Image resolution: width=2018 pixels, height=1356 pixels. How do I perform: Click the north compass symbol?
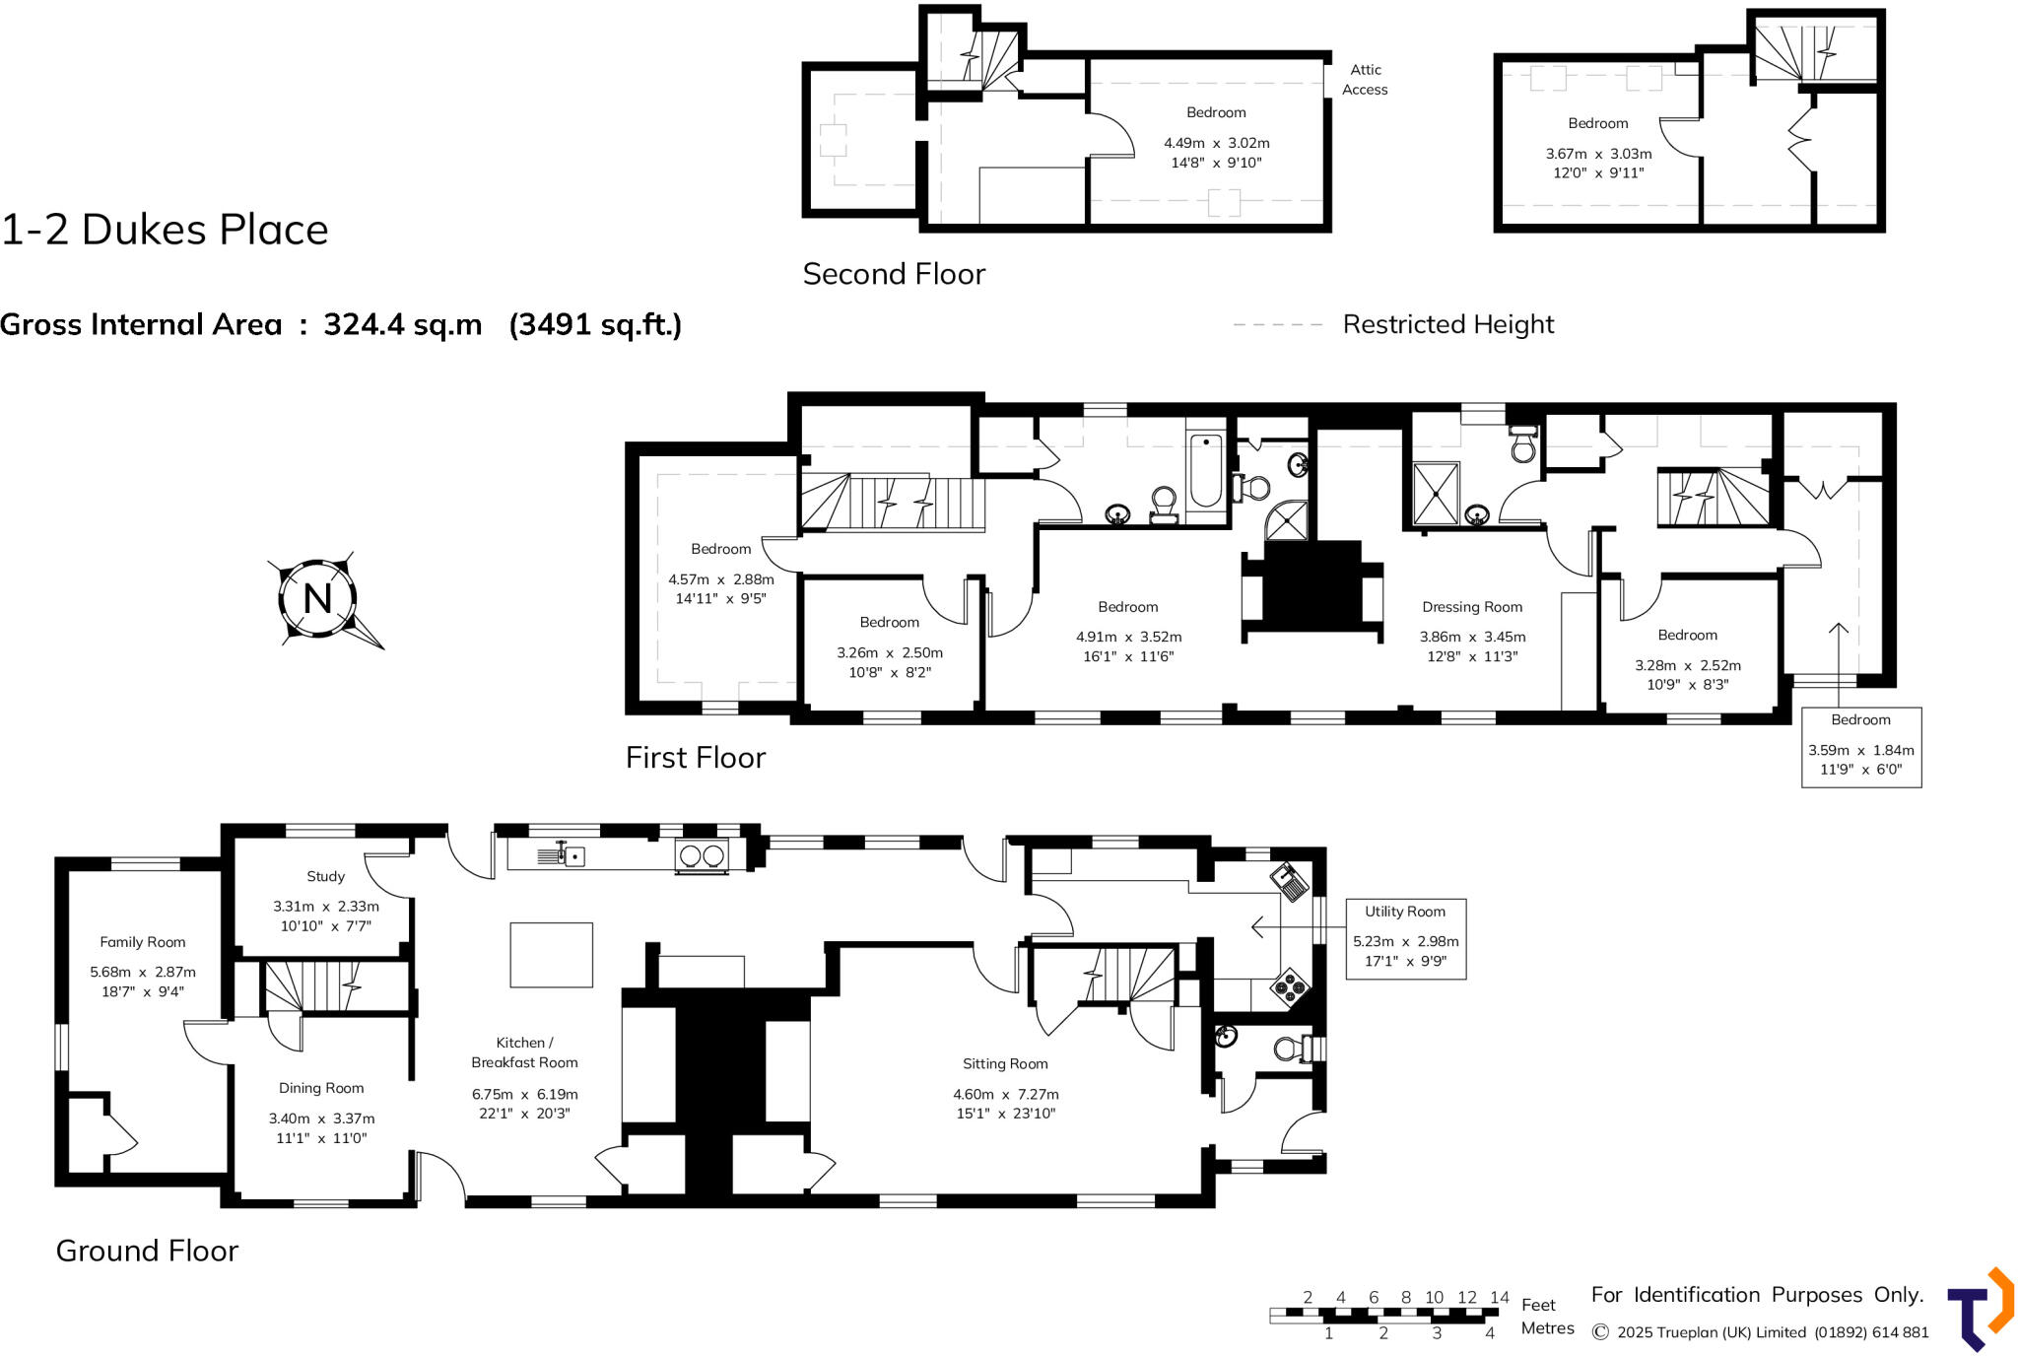point(317,598)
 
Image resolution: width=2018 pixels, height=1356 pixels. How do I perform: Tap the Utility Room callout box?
point(1405,938)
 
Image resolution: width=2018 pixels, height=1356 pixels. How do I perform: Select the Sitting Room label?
point(1005,1063)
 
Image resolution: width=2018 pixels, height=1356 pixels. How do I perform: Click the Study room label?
point(325,876)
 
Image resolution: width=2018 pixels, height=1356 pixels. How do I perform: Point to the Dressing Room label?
point(1471,607)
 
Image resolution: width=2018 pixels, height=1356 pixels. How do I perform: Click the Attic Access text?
point(1365,79)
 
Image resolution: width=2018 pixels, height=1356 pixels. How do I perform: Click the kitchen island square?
point(551,954)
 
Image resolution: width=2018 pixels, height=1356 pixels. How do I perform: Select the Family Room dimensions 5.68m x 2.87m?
point(143,972)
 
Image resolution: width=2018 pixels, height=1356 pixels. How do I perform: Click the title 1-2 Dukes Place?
point(165,230)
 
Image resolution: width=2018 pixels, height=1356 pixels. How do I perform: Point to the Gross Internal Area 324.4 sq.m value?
point(402,324)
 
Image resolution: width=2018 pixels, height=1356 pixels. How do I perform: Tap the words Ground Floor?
point(147,1250)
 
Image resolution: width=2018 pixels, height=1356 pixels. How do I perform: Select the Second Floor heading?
point(893,274)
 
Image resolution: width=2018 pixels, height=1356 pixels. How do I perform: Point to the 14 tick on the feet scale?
point(1499,1297)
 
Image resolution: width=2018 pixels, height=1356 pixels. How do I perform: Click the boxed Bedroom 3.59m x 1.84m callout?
point(1860,747)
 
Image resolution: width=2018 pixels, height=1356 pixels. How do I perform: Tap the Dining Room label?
point(321,1088)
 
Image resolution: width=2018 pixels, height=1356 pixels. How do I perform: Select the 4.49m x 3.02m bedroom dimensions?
point(1216,143)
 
